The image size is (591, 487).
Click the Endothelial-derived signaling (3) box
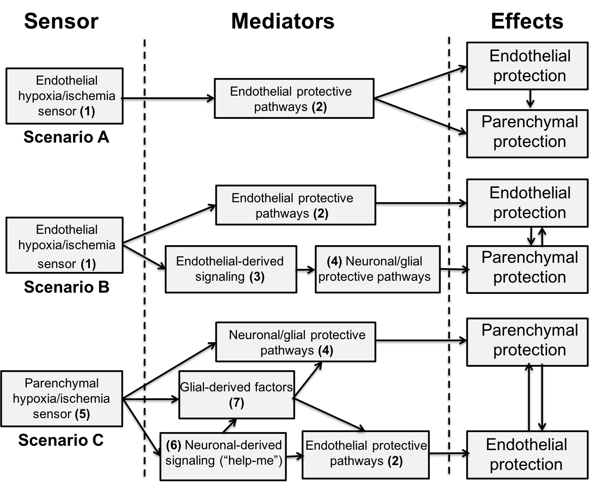pyautogui.click(x=231, y=269)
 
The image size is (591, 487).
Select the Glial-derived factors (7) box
pyautogui.click(x=236, y=395)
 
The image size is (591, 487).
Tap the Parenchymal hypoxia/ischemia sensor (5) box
pyautogui.click(x=61, y=398)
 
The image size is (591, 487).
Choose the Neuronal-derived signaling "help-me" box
pyautogui.click(x=223, y=456)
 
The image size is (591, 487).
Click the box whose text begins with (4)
pyautogui.click(x=377, y=269)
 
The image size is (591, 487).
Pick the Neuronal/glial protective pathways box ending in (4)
pyautogui.click(x=296, y=342)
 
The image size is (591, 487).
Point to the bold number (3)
pyautogui.click(x=257, y=277)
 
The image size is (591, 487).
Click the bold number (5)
pyautogui.click(x=82, y=414)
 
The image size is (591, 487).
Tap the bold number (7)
pyautogui.click(x=236, y=403)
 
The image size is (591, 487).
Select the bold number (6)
pyautogui.click(x=173, y=445)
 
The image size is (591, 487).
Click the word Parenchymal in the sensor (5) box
pyautogui.click(x=61, y=383)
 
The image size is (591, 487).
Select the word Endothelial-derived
pyautogui.click(x=230, y=261)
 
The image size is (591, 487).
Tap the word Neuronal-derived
pyautogui.click(x=233, y=445)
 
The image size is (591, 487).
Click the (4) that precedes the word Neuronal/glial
pyautogui.click(x=334, y=261)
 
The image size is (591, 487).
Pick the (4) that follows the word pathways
pyautogui.click(x=325, y=351)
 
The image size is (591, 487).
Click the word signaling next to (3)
pyautogui.click(x=220, y=277)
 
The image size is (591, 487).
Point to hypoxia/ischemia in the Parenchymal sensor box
pyautogui.click(x=61, y=398)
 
